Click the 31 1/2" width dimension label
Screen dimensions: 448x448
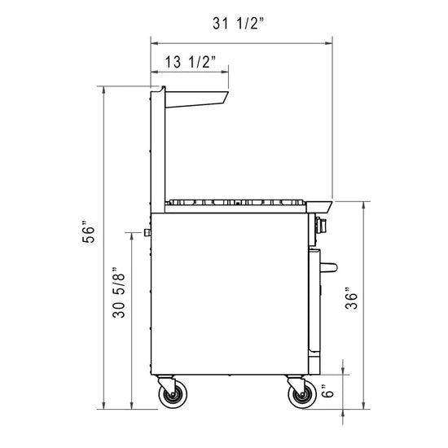pos(241,24)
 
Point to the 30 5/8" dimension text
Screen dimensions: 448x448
pos(120,293)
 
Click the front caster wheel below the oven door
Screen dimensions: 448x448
pos(301,396)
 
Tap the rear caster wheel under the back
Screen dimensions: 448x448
pos(172,396)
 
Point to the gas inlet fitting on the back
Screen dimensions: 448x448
pos(146,233)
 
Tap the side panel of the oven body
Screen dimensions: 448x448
pos(228,293)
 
